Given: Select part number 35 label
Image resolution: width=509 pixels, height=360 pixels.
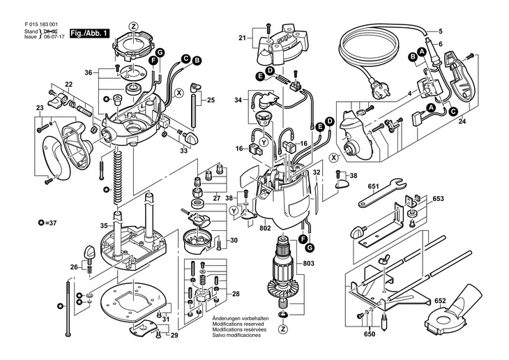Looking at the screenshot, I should [x=104, y=225].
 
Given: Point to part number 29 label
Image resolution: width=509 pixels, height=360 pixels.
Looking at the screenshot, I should [x=174, y=336].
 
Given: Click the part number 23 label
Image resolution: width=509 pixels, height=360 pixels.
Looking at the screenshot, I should [x=40, y=107].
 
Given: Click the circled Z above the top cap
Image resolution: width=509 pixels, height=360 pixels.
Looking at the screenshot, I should [x=135, y=27].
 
